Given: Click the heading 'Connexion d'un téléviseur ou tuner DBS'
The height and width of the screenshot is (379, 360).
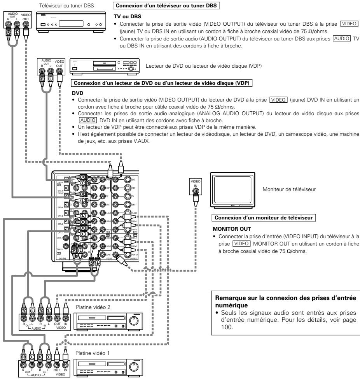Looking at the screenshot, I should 166,6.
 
